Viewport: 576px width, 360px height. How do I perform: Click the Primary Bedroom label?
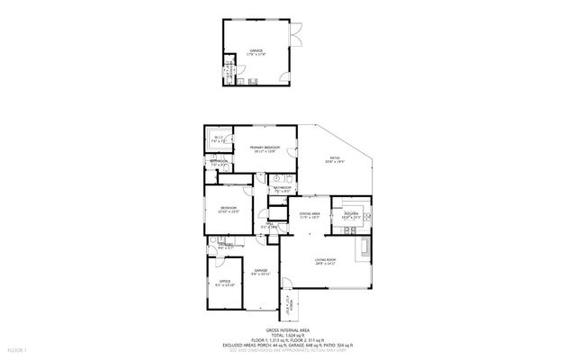point(259,149)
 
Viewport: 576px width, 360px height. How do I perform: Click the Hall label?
point(268,227)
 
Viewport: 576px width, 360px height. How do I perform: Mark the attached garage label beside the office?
point(260,272)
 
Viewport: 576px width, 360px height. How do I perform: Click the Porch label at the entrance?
point(289,302)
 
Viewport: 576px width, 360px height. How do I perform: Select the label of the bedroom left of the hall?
point(229,211)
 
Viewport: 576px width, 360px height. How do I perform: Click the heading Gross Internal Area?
point(288,331)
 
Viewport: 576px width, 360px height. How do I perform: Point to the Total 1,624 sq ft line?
point(288,337)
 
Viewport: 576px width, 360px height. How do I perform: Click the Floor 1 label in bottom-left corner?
point(16,347)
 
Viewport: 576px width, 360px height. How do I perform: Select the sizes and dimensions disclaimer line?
point(288,351)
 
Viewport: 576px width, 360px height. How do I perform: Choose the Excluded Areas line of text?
point(288,346)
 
